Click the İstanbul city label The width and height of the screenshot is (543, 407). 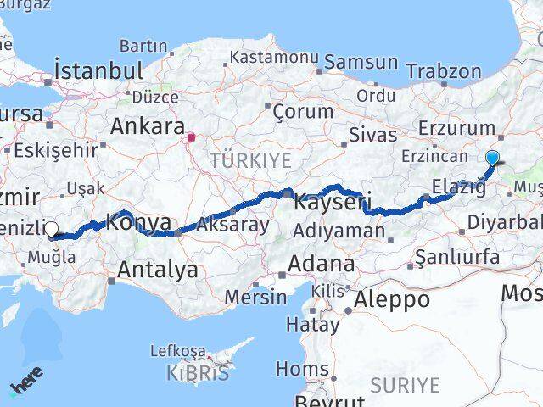coord(97,70)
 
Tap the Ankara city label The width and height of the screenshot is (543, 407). coord(148,127)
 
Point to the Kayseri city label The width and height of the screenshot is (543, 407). coord(332,202)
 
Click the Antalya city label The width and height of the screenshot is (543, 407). coord(158,270)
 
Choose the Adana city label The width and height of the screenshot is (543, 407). coord(321,264)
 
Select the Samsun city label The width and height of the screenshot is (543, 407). coord(361,62)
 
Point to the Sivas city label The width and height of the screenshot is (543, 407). coord(372,135)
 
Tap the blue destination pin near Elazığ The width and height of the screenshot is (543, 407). coord(492,157)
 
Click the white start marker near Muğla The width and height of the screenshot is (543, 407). coord(51,228)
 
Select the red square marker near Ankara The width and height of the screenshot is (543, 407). coord(193,136)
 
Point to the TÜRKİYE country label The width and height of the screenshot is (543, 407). coord(250,160)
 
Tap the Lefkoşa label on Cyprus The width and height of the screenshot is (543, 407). coord(178,350)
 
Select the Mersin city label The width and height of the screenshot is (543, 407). coord(255,297)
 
